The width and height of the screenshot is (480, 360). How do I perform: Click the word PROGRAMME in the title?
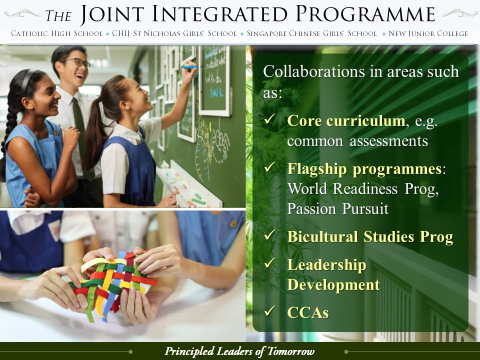[x=365, y=14]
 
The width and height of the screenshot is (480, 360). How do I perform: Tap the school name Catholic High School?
[x=57, y=33]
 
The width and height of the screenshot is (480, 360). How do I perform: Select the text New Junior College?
[x=428, y=33]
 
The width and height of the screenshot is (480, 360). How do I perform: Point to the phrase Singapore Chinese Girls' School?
[x=311, y=33]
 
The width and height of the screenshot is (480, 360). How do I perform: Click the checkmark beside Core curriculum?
[x=269, y=119]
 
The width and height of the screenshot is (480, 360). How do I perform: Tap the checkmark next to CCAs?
[x=269, y=310]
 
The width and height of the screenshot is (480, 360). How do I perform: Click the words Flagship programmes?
[x=364, y=169]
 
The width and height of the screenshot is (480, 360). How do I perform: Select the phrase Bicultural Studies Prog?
[x=370, y=237]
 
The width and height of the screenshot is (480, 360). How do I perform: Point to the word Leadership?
[x=326, y=265]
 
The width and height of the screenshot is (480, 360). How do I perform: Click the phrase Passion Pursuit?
[x=337, y=209]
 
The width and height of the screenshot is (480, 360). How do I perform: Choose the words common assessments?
[x=357, y=141]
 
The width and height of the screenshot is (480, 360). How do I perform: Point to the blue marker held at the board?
[x=190, y=66]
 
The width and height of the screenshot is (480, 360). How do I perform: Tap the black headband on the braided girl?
[x=27, y=81]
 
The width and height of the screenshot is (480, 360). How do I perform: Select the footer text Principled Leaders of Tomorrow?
[x=239, y=351]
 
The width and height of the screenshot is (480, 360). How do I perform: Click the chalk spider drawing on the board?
[x=220, y=143]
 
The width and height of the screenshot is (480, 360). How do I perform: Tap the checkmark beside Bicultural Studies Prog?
[x=269, y=235]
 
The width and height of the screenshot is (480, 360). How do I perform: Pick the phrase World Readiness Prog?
[x=363, y=189]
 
